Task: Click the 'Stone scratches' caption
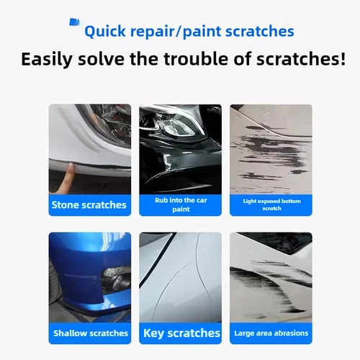tap(89, 204)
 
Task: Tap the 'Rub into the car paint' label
tap(181, 204)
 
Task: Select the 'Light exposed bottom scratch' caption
tap(271, 204)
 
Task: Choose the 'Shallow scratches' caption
tap(89, 333)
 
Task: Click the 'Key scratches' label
tap(181, 333)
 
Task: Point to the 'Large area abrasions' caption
tap(271, 333)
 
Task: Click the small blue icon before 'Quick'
tap(73, 24)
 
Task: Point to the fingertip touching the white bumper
tap(70, 170)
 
